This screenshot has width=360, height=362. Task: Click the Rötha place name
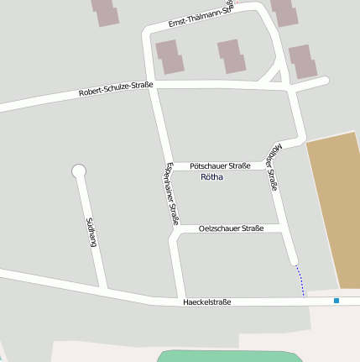[x=213, y=178]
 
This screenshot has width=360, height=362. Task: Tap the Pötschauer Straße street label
[x=220, y=166]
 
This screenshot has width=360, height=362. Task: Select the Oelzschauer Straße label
[x=232, y=228]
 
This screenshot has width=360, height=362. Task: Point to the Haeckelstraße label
[x=206, y=302]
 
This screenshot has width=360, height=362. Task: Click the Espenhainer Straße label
[x=172, y=194]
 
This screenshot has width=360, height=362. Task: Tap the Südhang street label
[x=91, y=232]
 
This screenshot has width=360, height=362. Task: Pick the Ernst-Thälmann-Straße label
[x=200, y=17]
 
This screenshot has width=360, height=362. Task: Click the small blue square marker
[x=337, y=300]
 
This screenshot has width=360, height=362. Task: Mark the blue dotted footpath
[x=300, y=281]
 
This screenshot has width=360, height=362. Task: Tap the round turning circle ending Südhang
[x=79, y=171]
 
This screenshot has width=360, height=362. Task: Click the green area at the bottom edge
[x=227, y=356]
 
